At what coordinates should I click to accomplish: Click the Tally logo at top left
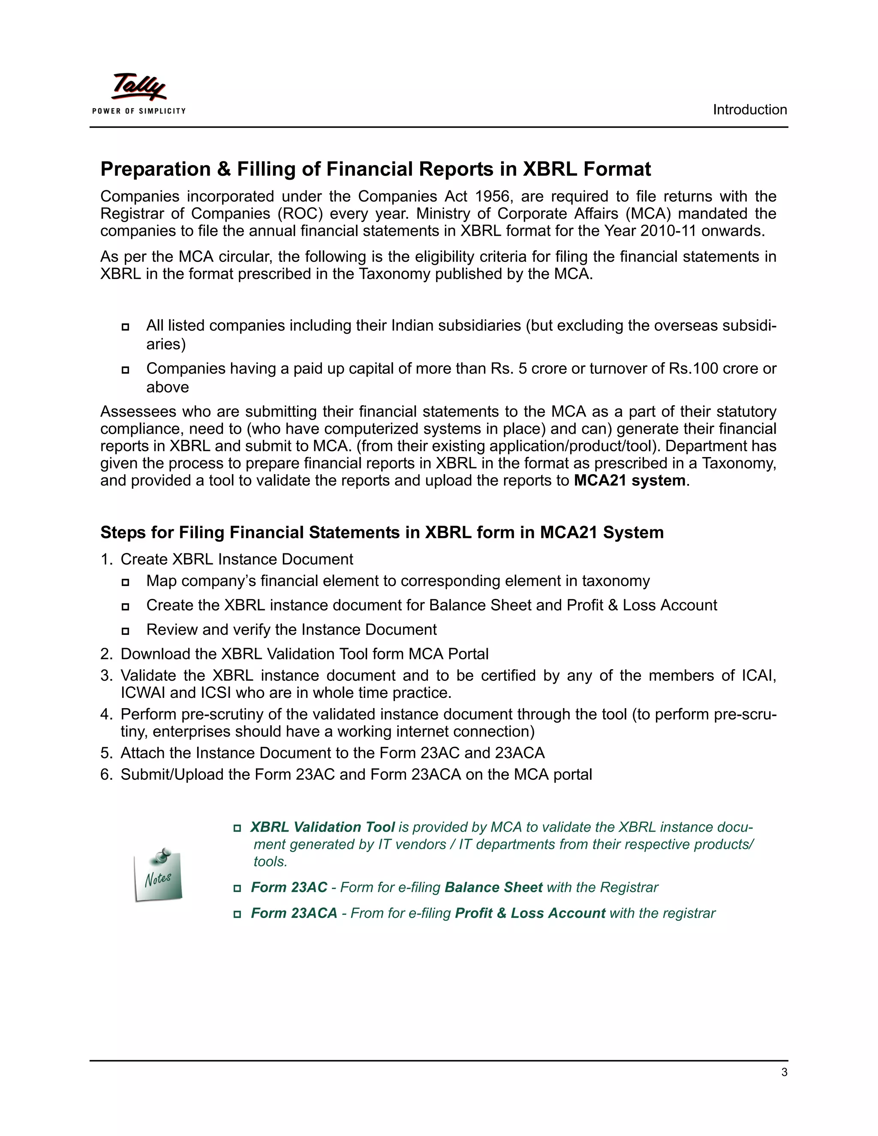[139, 87]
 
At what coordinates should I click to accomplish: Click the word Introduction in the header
[749, 110]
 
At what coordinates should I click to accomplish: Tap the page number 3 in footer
[784, 1072]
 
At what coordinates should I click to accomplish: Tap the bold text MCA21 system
[629, 481]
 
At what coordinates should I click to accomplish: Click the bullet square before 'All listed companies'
[125, 327]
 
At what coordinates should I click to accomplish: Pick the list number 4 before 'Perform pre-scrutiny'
[105, 714]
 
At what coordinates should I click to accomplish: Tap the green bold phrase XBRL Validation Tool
[322, 827]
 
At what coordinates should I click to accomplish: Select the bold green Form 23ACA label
[294, 914]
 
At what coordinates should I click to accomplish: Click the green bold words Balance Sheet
[493, 887]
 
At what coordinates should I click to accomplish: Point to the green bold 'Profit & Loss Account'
[529, 914]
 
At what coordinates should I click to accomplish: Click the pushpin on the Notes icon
[163, 855]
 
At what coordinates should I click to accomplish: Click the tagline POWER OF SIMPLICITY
[139, 111]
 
